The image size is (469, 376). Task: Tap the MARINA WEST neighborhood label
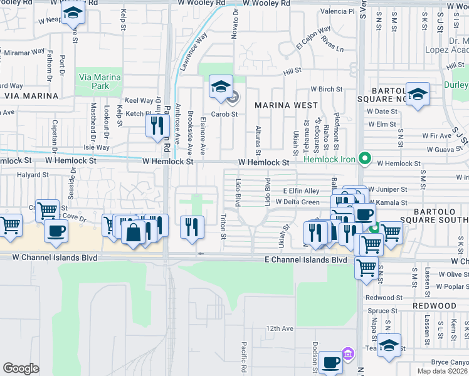280,105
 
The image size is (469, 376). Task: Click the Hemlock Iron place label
330,159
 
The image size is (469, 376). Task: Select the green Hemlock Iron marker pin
363,158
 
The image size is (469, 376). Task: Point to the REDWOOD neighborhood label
435,305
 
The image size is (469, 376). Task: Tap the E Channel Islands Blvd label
305,259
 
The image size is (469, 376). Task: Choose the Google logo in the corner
21,368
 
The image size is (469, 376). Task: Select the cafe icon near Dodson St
330,362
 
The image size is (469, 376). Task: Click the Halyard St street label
33,175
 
